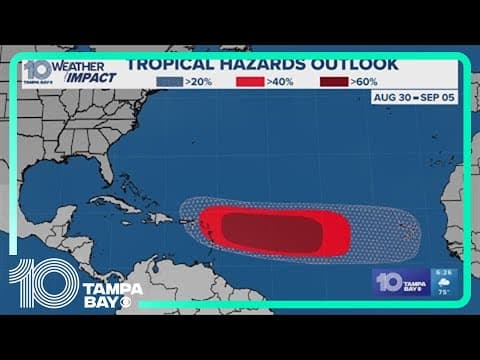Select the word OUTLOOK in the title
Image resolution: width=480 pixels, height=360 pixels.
click(356, 65)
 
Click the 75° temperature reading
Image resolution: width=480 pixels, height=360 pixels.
click(443, 294)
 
